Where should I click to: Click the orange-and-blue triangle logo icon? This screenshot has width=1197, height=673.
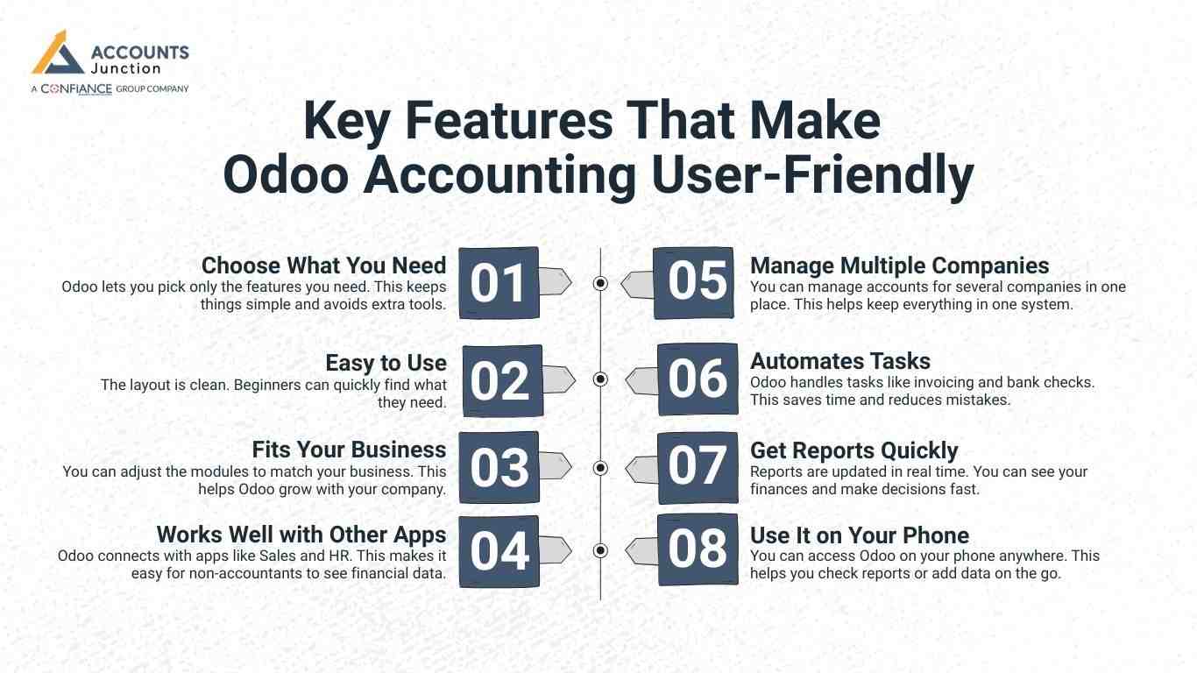(58, 53)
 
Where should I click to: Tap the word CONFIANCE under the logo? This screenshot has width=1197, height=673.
(76, 89)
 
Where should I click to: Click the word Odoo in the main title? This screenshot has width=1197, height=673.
(286, 175)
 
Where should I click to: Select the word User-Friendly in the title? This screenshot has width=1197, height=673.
(812, 176)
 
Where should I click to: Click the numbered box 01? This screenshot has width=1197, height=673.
(499, 283)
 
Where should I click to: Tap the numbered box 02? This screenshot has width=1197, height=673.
(502, 380)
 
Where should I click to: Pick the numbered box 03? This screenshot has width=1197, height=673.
(499, 467)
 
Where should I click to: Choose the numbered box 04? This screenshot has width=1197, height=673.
(499, 551)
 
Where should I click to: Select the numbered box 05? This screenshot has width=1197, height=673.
(694, 283)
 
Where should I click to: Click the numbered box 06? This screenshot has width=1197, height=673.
(698, 379)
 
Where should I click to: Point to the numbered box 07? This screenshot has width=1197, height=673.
(698, 468)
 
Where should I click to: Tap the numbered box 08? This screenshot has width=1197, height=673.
(698, 549)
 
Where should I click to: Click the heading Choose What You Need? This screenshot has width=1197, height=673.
(324, 266)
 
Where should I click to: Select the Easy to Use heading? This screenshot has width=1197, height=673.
(386, 363)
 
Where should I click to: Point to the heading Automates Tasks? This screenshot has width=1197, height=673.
(840, 361)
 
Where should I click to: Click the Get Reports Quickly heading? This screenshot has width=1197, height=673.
(853, 450)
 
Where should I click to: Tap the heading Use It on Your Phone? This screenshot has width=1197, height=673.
(860, 535)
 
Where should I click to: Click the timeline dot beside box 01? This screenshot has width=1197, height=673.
(600, 283)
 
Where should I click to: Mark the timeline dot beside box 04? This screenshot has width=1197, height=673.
(600, 550)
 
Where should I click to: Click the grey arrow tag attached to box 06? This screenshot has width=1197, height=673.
(641, 380)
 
